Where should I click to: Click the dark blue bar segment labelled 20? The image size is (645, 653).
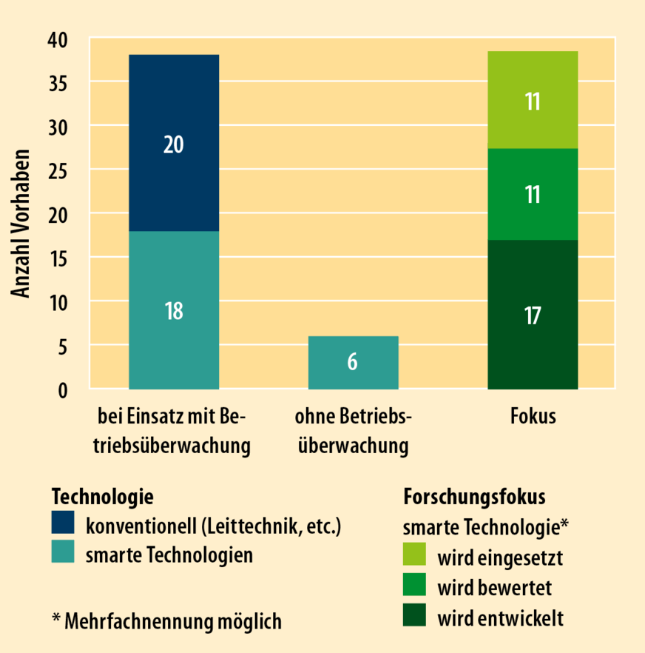point(174,143)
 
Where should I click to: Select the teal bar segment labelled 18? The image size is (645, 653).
point(174,310)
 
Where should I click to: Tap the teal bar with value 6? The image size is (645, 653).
point(353,363)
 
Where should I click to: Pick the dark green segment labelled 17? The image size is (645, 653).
point(533,315)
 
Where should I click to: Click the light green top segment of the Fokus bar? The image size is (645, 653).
point(533,100)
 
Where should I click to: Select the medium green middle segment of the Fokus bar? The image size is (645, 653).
point(533,194)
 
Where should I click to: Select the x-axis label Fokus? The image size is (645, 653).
point(533,417)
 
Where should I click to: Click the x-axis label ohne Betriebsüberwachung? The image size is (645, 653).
point(353,432)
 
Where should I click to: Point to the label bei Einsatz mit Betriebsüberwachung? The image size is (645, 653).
point(174,432)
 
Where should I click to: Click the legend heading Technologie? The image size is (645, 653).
point(102,495)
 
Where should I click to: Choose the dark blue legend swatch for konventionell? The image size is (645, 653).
point(63,524)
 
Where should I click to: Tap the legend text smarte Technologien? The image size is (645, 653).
point(169,555)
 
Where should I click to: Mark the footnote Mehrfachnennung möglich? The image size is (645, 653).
point(166,621)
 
